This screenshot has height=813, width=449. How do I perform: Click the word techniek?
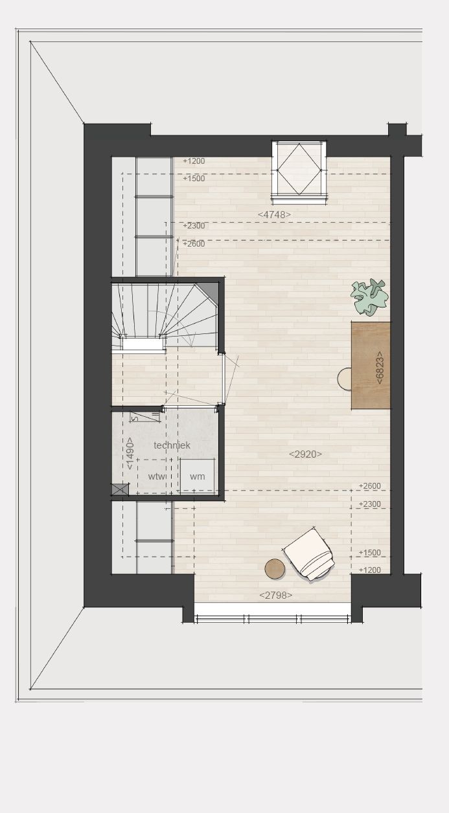172,445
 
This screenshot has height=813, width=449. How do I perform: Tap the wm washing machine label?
197,476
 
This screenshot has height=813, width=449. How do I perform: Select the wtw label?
157,476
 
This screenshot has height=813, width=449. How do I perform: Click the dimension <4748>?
274,214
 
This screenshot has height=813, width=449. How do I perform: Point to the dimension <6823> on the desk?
380,367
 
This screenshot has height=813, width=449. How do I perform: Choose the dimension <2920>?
306,454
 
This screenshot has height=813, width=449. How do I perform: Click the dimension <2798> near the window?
276,595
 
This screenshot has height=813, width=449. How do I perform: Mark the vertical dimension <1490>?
130,453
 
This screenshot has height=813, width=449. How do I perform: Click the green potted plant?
369,296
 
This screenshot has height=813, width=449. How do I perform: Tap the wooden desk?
371,365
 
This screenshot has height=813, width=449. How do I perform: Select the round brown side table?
275,568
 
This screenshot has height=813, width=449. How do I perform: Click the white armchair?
308,554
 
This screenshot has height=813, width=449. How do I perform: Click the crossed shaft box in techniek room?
121,489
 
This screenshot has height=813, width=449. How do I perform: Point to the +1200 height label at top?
194,161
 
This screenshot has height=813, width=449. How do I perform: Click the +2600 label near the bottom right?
369,485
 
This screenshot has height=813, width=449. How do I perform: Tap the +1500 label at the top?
194,178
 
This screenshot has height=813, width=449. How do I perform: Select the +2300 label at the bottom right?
369,504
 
